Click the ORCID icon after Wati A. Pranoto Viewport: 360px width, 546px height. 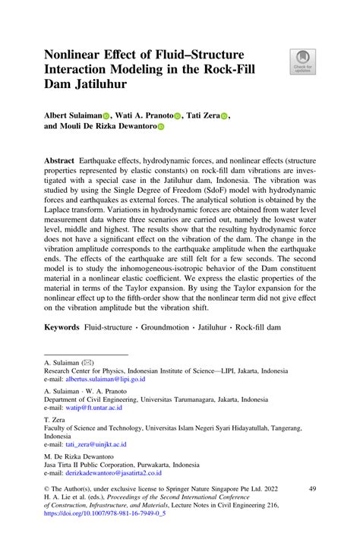177,116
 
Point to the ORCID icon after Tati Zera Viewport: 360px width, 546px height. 224,116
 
